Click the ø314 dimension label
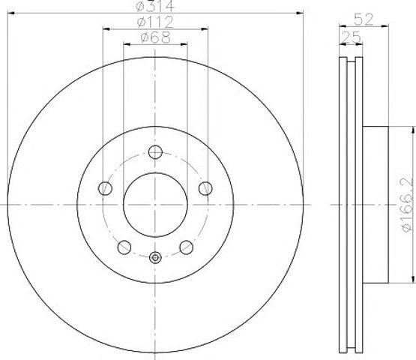point(154,6)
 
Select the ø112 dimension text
point(155,22)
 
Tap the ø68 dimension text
point(155,37)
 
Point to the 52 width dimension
point(364,19)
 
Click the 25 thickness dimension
point(351,37)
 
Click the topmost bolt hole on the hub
point(155,152)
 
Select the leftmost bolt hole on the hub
point(105,188)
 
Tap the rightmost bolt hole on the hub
point(205,188)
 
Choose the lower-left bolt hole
point(124,247)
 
